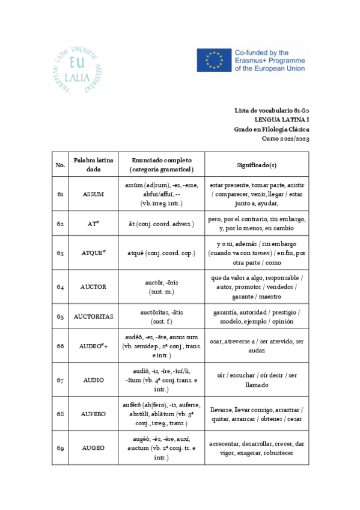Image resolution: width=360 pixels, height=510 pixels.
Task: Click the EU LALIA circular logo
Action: click(x=76, y=67)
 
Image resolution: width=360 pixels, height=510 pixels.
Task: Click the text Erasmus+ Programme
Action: click(x=270, y=61)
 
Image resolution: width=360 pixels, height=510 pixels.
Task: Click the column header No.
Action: click(x=60, y=164)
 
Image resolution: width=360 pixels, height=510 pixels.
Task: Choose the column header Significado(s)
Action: click(x=257, y=164)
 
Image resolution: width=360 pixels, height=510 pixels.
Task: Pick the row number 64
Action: click(x=60, y=287)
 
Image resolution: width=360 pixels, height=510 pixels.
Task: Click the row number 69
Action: click(x=60, y=447)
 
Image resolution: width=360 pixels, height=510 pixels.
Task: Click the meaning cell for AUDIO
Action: click(x=257, y=380)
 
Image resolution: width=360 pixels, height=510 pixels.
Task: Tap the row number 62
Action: click(x=60, y=224)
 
